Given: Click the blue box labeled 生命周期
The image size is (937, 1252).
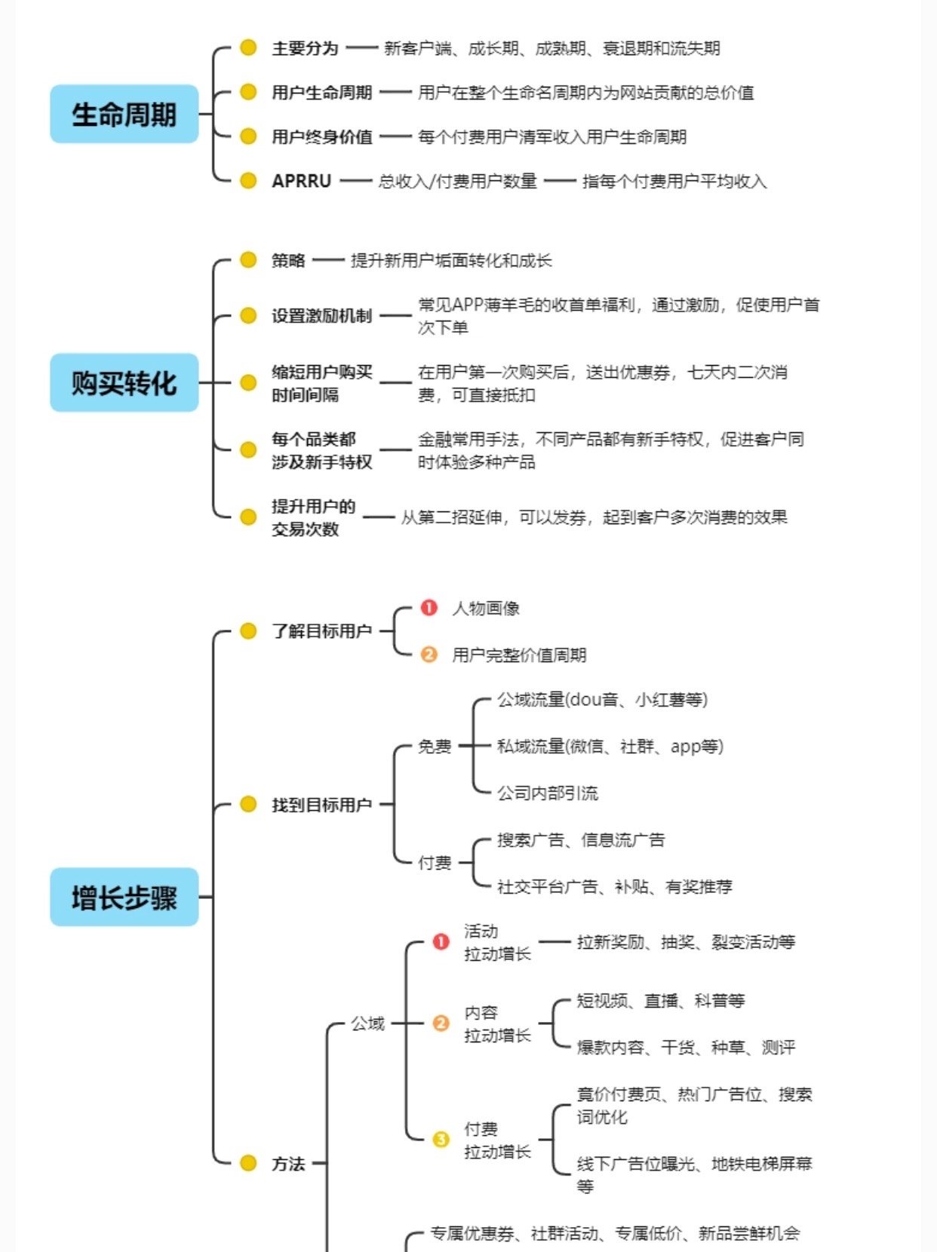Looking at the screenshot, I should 124,114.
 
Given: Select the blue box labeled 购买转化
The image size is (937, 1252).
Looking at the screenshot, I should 124,382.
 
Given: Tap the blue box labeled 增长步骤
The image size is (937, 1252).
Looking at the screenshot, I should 124,897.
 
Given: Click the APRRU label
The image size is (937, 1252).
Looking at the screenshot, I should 301,181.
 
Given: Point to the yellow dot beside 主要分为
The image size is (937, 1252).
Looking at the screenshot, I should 248,48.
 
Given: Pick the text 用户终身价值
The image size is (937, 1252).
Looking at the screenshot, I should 322,137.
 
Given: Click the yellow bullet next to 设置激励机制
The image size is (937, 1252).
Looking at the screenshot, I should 248,315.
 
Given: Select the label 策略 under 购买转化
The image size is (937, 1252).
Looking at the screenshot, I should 288,260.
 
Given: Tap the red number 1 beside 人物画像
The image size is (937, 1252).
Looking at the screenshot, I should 429,608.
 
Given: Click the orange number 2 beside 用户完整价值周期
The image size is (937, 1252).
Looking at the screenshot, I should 429,655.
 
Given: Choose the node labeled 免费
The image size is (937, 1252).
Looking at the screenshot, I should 435,746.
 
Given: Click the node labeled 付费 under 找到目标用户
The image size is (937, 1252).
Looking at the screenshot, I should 435,862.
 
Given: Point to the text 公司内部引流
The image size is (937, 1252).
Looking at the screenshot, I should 547,793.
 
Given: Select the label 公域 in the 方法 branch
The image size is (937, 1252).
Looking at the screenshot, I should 367,1023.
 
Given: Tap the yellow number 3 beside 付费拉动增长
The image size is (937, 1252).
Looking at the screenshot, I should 441,1140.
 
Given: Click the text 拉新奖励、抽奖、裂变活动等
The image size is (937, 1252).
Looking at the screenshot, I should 686,942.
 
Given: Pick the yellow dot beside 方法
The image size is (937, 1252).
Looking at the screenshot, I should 248,1163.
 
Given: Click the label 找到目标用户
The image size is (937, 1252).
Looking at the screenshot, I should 322,805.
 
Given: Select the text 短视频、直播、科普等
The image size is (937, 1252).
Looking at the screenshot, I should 661,1001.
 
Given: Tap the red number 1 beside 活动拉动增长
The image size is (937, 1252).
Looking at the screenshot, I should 441,942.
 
